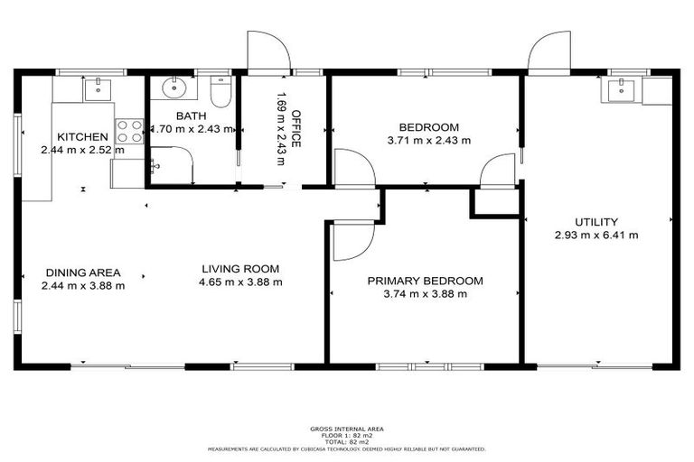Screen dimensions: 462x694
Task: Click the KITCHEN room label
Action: coord(82,137)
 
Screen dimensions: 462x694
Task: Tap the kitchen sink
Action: coord(96,88)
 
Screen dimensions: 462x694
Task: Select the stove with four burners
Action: coord(130,132)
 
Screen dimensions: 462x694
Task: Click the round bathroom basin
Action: coord(173,88)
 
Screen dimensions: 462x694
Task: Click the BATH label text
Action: coord(191,115)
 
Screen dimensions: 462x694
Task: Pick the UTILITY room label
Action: coord(596,222)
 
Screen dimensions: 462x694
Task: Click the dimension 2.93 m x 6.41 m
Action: coord(596,236)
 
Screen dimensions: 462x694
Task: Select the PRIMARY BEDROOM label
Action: coord(425,281)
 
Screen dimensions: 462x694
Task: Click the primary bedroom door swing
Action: coord(352,239)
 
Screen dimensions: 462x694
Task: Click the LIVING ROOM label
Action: coord(240,268)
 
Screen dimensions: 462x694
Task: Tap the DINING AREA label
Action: coord(82,273)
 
